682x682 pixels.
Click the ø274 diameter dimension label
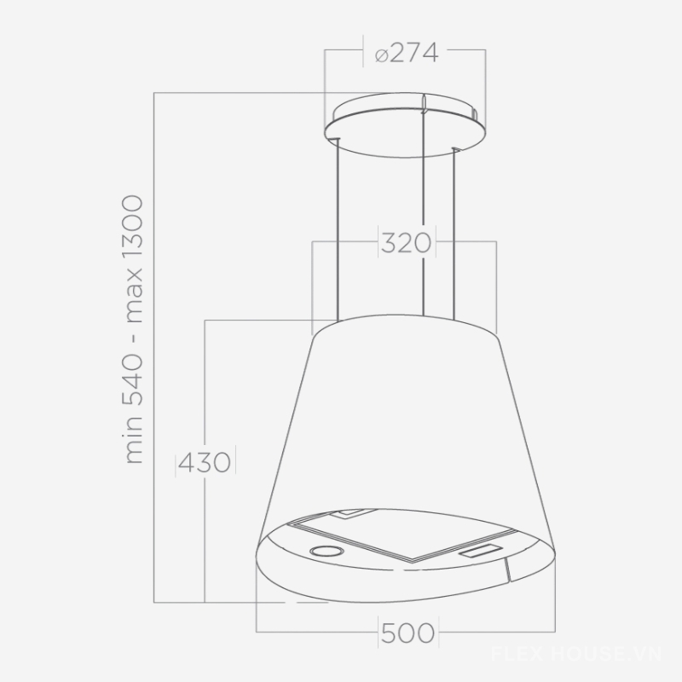coord(407,54)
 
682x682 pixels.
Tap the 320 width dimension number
coord(407,243)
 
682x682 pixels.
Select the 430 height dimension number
coord(205,462)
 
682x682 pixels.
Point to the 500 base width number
coord(408,633)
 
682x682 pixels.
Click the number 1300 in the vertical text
coord(133,228)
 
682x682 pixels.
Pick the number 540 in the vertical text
coord(133,380)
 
